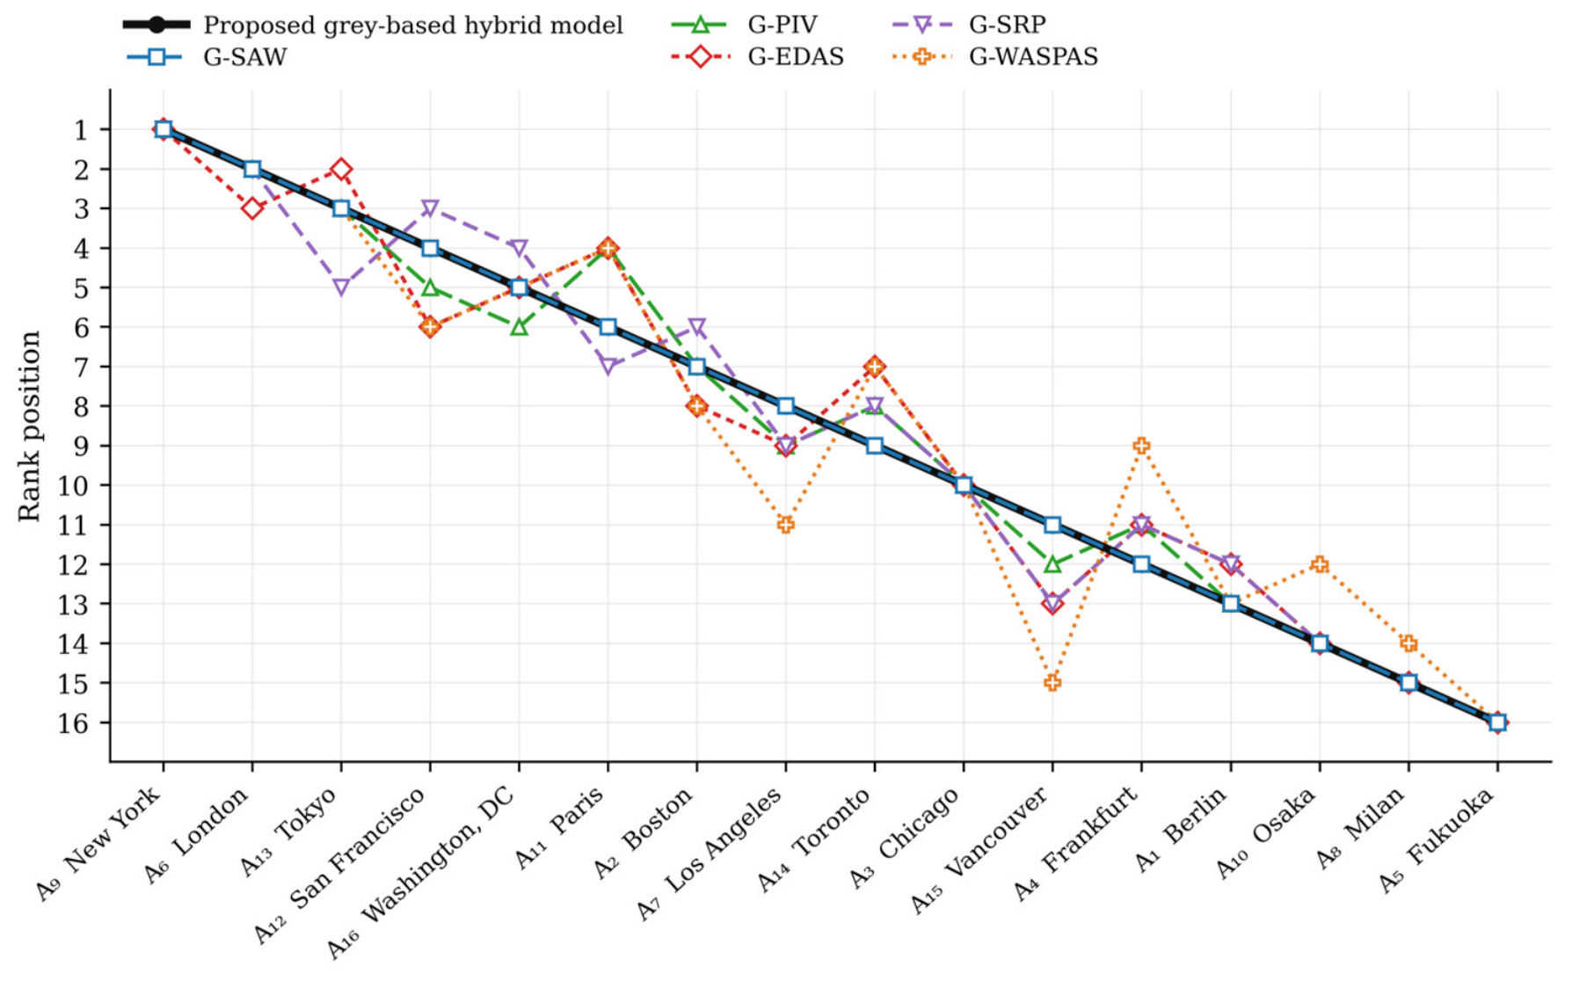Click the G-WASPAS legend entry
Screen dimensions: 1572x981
click(x=994, y=57)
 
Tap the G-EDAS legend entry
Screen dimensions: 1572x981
click(x=757, y=57)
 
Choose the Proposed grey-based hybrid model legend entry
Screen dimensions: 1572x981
click(x=373, y=25)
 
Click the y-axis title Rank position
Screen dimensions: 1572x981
click(x=29, y=426)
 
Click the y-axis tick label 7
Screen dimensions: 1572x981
click(x=81, y=367)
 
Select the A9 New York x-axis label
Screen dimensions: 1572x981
click(x=98, y=843)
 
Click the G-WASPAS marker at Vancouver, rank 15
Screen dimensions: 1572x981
click(x=1052, y=682)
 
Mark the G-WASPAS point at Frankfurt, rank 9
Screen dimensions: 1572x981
click(x=1141, y=446)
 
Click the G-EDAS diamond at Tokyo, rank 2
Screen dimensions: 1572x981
click(x=341, y=169)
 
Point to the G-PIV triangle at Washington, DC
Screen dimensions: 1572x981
click(x=519, y=326)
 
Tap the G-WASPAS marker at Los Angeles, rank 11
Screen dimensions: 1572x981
click(x=786, y=525)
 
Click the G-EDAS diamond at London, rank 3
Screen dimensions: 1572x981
click(x=252, y=208)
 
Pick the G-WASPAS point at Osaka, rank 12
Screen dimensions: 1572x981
click(x=1320, y=564)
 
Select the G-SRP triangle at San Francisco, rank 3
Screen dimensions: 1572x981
click(x=430, y=208)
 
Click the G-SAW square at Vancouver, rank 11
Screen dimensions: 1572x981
click(x=1052, y=525)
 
